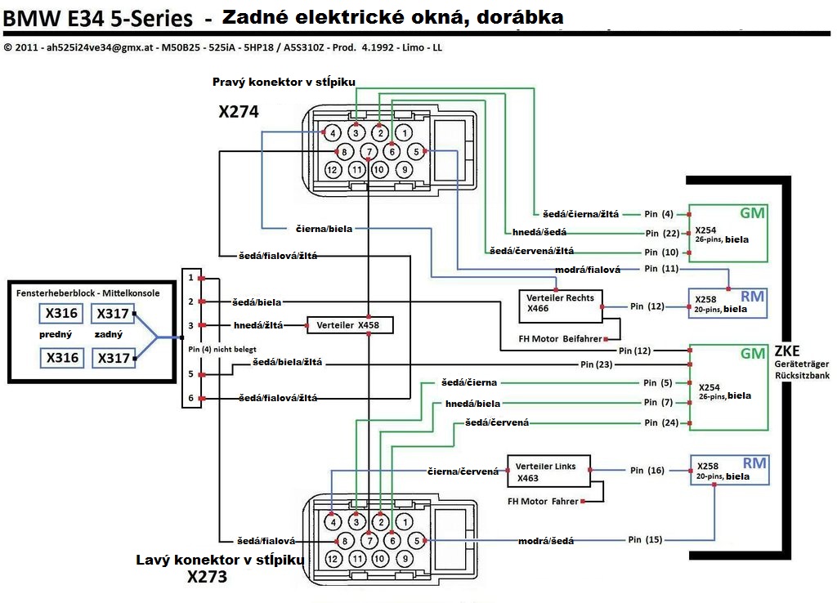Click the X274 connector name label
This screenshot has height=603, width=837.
[239, 112]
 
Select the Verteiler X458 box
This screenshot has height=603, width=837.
[349, 325]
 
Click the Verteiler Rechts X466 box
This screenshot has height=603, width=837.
[560, 303]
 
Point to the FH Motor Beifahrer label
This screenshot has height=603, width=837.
[561, 337]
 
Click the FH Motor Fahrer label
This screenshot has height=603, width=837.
[543, 501]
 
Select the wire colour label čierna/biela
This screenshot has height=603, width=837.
[324, 229]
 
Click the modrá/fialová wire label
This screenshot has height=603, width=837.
[587, 269]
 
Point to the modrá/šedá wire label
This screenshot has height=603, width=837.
[546, 540]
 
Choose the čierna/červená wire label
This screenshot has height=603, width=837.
[463, 471]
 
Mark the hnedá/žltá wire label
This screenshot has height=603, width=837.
[257, 325]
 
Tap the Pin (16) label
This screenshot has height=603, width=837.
[647, 471]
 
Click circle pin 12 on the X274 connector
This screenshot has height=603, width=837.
[332, 170]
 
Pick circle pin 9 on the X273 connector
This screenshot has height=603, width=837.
[404, 559]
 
